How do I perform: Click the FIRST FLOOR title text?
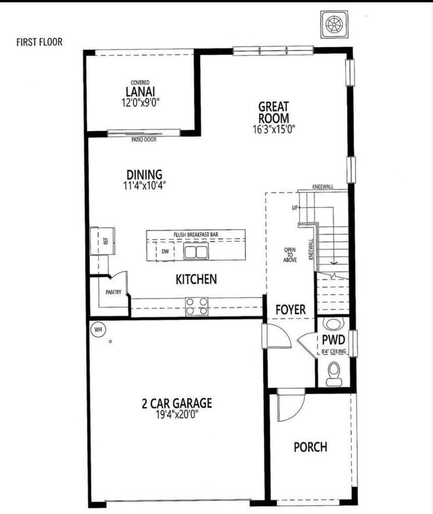pyautogui.click(x=39, y=42)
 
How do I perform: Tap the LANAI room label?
pyautogui.click(x=140, y=91)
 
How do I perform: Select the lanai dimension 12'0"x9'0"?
pyautogui.click(x=140, y=102)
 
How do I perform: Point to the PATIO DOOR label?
pyautogui.click(x=144, y=139)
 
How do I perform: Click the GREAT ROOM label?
pyautogui.click(x=273, y=111)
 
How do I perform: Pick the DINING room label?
pyautogui.click(x=144, y=175)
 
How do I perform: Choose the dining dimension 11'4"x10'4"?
pyautogui.click(x=144, y=186)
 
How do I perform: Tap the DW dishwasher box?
pyautogui.click(x=165, y=251)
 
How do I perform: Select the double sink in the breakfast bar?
pyautogui.click(x=195, y=251)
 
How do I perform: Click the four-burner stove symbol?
pyautogui.click(x=196, y=307)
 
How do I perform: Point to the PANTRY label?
pyautogui.click(x=113, y=293)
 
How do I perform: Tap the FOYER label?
pyautogui.click(x=290, y=310)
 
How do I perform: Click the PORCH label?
pyautogui.click(x=310, y=447)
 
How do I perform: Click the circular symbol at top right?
pyautogui.click(x=333, y=23)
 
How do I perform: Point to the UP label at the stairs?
pyautogui.click(x=295, y=207)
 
